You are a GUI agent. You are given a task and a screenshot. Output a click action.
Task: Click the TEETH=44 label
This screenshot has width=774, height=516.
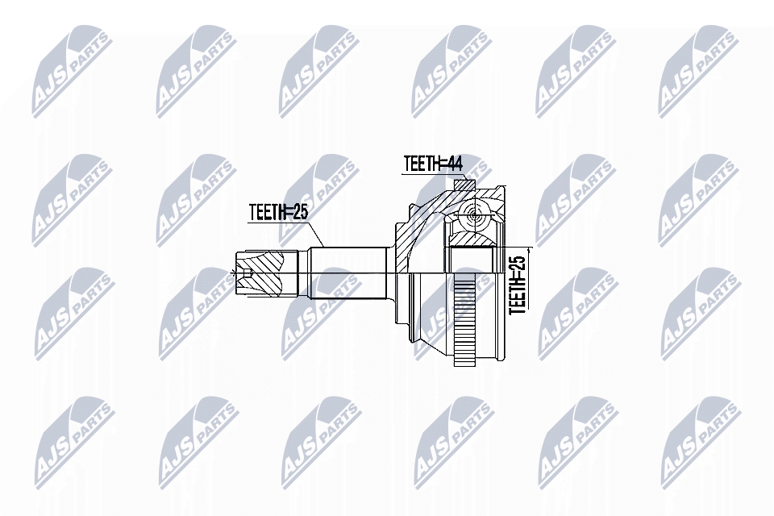pyautogui.click(x=432, y=163)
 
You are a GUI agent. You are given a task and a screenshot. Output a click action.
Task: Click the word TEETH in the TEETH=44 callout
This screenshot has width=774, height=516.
pyautogui.click(x=419, y=163)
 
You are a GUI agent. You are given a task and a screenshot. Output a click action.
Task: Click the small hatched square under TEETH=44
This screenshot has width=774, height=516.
pyautogui.click(x=464, y=185)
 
